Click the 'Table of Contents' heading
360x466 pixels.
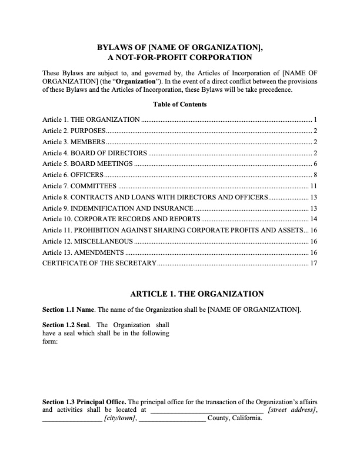[179, 104]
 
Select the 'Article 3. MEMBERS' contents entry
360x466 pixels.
[74, 142]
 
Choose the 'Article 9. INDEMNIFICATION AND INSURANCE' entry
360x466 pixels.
[118, 208]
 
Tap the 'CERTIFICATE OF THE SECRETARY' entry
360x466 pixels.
[99, 263]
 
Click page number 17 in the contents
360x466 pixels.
[314, 263]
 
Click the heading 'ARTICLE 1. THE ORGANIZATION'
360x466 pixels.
[196, 294]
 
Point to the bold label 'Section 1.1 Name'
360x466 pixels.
[68, 309]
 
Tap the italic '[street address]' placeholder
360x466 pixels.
[292, 410]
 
